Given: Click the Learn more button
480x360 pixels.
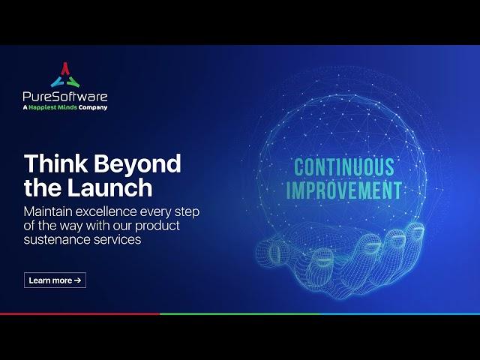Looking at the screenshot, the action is (x=55, y=280).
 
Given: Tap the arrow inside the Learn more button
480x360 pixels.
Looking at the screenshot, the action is (x=77, y=280).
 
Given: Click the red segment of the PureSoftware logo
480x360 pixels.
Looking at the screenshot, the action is (x=65, y=68).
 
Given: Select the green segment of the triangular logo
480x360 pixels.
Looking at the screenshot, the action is (x=73, y=82).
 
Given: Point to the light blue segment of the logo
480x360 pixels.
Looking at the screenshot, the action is (x=57, y=82).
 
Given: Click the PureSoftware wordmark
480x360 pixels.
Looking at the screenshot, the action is (x=65, y=97).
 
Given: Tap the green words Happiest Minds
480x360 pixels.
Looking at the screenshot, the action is (x=52, y=107).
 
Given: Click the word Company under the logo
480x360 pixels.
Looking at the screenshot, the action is (x=93, y=108).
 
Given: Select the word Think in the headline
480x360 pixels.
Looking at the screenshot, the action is (x=56, y=163).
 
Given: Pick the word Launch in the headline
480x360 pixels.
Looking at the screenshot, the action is (x=109, y=187).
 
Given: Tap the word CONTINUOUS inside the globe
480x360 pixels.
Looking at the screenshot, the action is (x=344, y=167).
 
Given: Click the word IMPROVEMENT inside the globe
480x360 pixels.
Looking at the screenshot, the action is (x=344, y=190).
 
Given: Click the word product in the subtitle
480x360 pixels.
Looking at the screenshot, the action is (x=157, y=226).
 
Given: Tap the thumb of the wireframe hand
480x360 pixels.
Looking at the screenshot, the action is (x=272, y=250).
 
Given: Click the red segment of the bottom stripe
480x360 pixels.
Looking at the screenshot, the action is (x=80, y=313).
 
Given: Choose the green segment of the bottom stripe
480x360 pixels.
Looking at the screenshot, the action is (x=240, y=313).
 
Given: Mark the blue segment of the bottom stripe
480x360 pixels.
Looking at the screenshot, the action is (x=400, y=313).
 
